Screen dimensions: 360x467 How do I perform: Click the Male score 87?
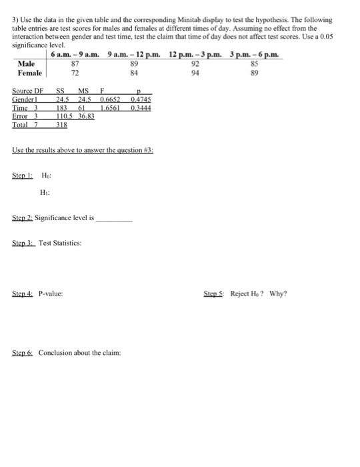pyautogui.click(x=75, y=64)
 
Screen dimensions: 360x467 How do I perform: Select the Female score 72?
pyautogui.click(x=75, y=72)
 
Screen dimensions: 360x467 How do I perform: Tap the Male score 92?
pyautogui.click(x=195, y=64)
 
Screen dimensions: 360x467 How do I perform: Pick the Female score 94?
pyautogui.click(x=195, y=72)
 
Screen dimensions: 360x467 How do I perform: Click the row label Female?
pyautogui.click(x=29, y=72)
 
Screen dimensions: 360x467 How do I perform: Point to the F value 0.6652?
pyautogui.click(x=111, y=100)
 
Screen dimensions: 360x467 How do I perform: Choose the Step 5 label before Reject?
pyautogui.click(x=219, y=293)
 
